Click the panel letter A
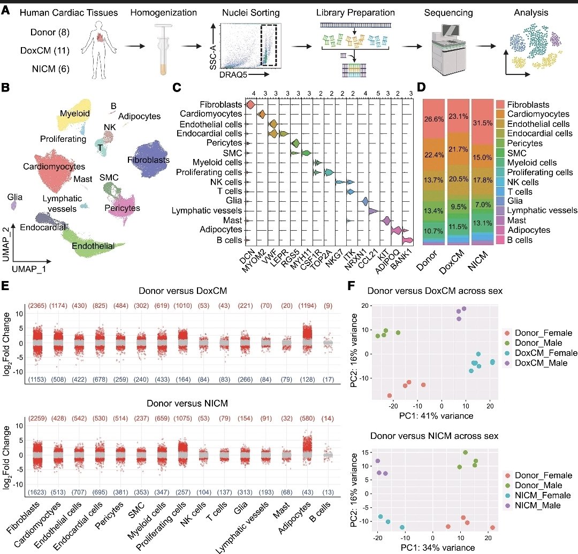7,11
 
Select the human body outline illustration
104,51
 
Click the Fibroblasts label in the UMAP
149,160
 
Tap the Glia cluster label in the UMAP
15,196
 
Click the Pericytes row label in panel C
225,143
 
